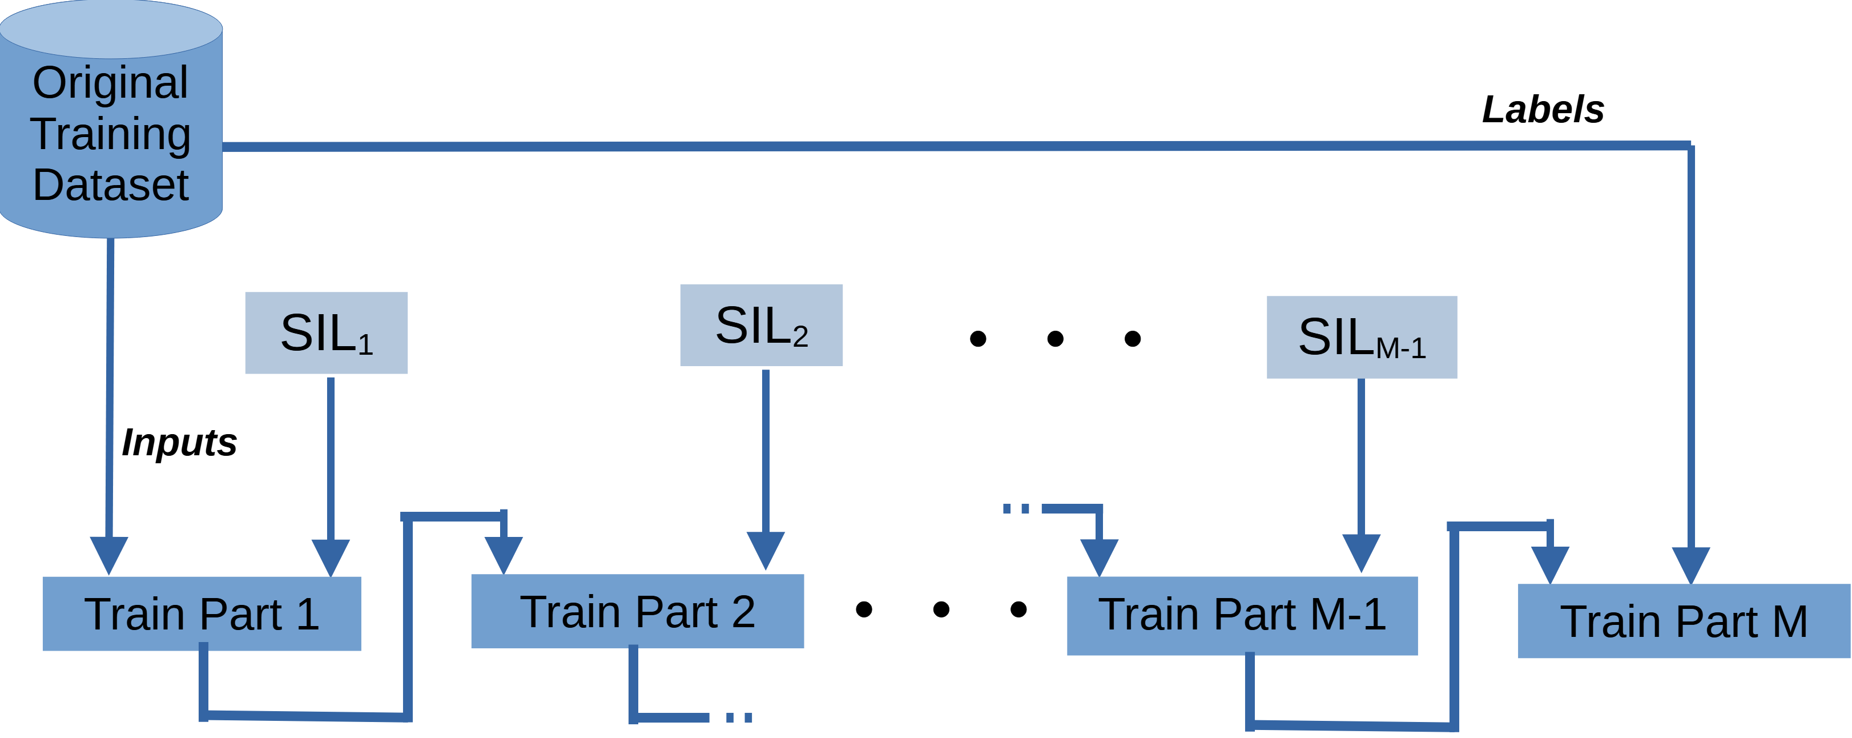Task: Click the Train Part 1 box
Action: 202,613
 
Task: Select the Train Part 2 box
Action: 637,611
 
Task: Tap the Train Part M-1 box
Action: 1242,615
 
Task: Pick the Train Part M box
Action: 1683,621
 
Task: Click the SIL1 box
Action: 327,333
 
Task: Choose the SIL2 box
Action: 762,325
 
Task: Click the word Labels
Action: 1543,109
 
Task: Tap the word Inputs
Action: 179,442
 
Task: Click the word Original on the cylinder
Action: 111,82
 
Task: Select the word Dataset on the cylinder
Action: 111,185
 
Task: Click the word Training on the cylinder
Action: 111,134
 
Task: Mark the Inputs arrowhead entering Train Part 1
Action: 108,555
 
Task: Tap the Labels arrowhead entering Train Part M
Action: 1691,565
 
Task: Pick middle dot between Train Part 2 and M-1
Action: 941,609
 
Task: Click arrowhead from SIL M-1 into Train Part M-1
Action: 1361,552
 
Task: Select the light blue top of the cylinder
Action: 111,29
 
